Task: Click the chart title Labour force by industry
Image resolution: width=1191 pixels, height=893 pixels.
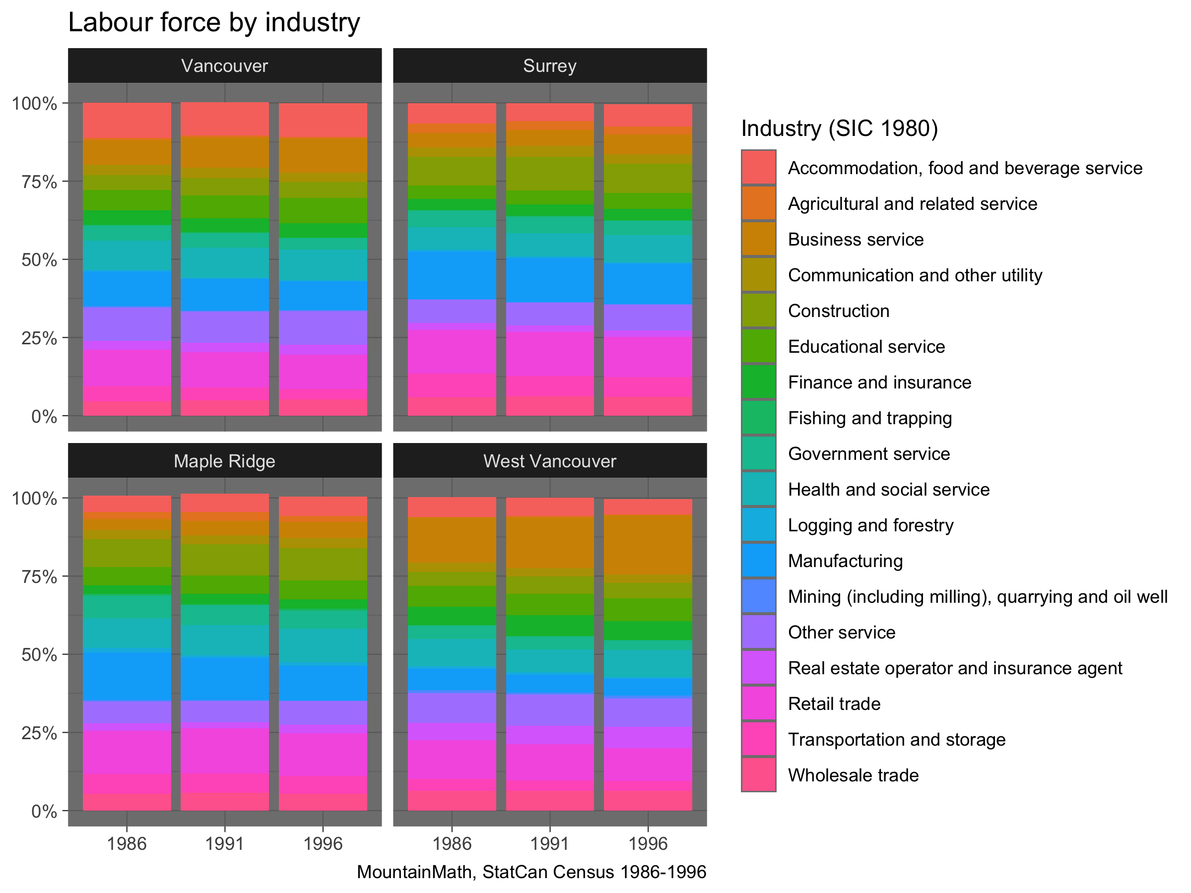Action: point(214,23)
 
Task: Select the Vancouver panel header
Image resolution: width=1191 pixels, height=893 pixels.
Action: point(224,65)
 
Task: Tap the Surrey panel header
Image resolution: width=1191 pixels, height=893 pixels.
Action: point(550,65)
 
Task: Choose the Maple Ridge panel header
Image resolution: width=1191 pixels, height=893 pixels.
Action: point(224,461)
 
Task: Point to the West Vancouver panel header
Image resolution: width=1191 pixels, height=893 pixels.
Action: point(550,461)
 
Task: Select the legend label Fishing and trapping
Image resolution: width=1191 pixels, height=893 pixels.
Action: point(869,418)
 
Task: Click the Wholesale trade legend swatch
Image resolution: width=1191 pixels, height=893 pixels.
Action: point(759,775)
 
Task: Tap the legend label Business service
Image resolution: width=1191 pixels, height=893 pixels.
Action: point(856,240)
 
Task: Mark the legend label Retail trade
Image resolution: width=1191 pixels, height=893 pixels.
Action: point(834,704)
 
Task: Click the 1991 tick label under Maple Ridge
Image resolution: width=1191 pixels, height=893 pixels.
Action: point(224,843)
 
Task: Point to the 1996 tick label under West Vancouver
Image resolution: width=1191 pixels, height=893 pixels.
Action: point(648,843)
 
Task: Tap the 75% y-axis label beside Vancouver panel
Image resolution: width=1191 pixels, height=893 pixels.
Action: point(39,182)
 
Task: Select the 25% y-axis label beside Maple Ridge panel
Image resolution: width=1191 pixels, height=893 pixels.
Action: point(39,733)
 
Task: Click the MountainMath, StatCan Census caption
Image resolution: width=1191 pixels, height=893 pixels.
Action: point(531,872)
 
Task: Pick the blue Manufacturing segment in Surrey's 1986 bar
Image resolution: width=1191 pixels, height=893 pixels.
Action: point(452,275)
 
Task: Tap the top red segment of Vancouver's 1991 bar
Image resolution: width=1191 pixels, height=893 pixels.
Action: point(224,120)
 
